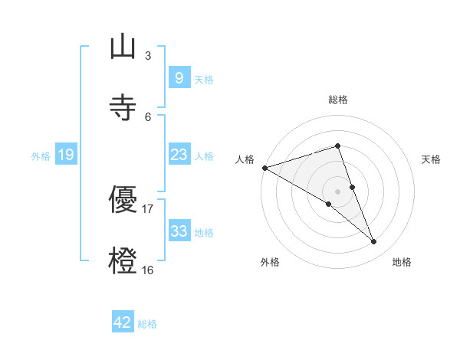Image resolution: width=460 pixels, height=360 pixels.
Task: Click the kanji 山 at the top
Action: pyautogui.click(x=123, y=47)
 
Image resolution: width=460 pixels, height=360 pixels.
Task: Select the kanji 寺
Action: pyautogui.click(x=123, y=107)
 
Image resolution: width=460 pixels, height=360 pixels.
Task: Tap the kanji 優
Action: pyautogui.click(x=123, y=200)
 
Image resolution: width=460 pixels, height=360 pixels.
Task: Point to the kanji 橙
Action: pyautogui.click(x=123, y=260)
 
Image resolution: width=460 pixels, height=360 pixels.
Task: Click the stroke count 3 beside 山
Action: pyautogui.click(x=148, y=55)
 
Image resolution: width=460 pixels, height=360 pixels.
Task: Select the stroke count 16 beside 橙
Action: pyautogui.click(x=148, y=270)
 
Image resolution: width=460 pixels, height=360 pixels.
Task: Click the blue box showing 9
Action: pyautogui.click(x=179, y=78)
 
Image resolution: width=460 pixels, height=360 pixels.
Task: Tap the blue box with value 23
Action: pyautogui.click(x=179, y=155)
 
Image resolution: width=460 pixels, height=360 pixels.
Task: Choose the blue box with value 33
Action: pyautogui.click(x=179, y=231)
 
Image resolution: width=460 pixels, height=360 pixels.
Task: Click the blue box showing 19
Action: pyautogui.click(x=65, y=155)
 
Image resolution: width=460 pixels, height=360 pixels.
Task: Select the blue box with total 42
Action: pyautogui.click(x=123, y=322)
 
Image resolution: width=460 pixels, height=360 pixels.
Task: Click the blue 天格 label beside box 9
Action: pyautogui.click(x=204, y=79)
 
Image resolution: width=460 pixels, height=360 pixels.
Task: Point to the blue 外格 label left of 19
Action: pyautogui.click(x=41, y=155)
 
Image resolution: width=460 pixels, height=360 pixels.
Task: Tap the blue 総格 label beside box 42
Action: pyautogui.click(x=147, y=323)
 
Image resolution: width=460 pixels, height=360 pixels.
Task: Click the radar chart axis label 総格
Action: pyautogui.click(x=337, y=100)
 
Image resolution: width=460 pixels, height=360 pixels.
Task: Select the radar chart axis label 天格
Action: pyautogui.click(x=432, y=159)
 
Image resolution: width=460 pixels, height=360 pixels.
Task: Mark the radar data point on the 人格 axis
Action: pyautogui.click(x=264, y=168)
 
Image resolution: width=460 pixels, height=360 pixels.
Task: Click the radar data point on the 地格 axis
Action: pyautogui.click(x=374, y=242)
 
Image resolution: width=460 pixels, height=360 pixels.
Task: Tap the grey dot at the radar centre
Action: pyautogui.click(x=337, y=191)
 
